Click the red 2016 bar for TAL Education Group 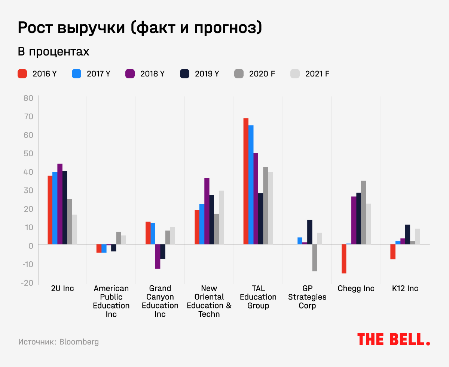(246, 181)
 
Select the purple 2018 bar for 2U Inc (60, 204)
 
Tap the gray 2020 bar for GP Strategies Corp (315, 258)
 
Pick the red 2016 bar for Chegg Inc (344, 259)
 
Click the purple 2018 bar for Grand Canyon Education (158, 256)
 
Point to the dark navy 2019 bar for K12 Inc (407, 235)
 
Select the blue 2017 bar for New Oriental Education (202, 224)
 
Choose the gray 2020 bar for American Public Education (119, 238)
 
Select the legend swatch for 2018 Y (130, 73)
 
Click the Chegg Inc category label (356, 288)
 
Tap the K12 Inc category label (405, 288)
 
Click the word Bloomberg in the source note (79, 342)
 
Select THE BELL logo (393, 339)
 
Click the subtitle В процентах (54, 52)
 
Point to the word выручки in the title (93, 28)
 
